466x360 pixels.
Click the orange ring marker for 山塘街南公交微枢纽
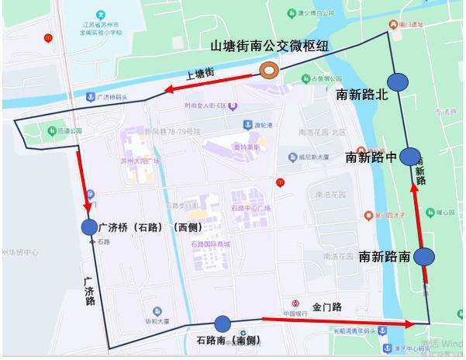(269, 71)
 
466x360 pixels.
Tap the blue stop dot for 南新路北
(399, 81)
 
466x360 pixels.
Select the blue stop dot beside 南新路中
(409, 157)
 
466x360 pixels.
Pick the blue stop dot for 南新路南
(424, 257)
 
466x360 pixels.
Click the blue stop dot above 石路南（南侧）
(223, 324)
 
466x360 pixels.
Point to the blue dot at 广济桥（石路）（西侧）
(89, 227)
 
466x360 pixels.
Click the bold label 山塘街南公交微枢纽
(270, 46)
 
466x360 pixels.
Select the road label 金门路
(327, 307)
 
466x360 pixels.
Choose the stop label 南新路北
(361, 95)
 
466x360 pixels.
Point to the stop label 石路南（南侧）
(222, 340)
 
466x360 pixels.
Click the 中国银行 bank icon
(295, 303)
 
